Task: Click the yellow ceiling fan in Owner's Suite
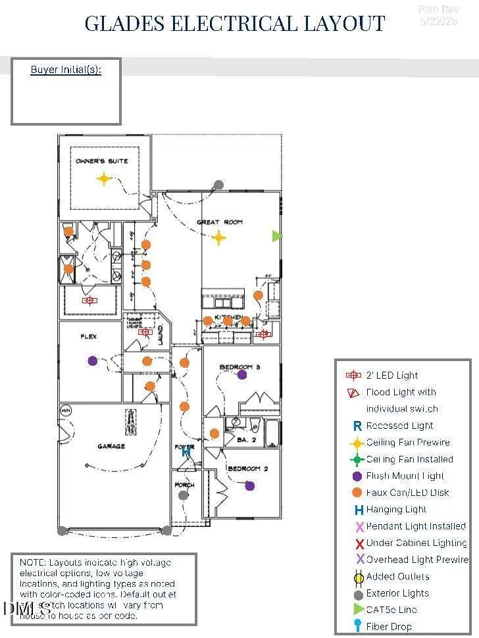pos(103,178)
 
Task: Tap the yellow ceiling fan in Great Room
pos(218,238)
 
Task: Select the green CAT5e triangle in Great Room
pos(277,235)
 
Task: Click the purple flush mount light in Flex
pos(93,360)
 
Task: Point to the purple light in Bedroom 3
pos(242,374)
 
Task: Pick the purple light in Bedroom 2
pos(249,486)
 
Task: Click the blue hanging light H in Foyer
pos(186,452)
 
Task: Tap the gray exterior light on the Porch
pos(183,495)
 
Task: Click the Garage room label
pos(111,447)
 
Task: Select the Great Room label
pos(220,222)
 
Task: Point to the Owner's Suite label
pos(102,161)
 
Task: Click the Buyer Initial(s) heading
pos(66,69)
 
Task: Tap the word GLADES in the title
pos(125,24)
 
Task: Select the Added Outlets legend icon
pos(359,577)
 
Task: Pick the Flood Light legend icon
pos(354,393)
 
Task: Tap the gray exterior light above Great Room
pos(218,185)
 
